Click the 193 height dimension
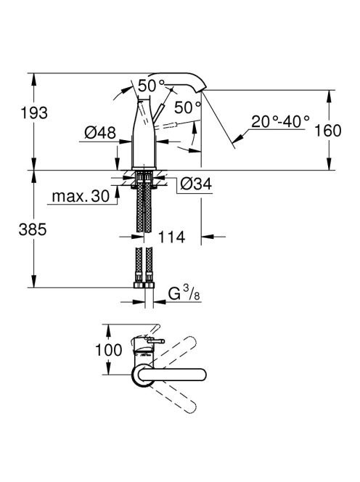[x=34, y=113]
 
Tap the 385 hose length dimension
[x=33, y=229]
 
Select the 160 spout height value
[x=328, y=131]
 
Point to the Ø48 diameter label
[x=100, y=133]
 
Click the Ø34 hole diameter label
[x=196, y=184]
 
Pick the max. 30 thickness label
[x=81, y=196]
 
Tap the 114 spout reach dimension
[x=171, y=237]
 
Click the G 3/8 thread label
[x=184, y=293]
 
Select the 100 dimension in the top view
[x=109, y=350]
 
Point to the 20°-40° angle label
[x=280, y=122]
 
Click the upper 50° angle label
[x=152, y=86]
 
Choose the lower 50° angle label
[x=187, y=107]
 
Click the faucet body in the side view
[x=144, y=134]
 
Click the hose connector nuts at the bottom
[x=144, y=285]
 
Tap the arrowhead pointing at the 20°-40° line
[x=238, y=139]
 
